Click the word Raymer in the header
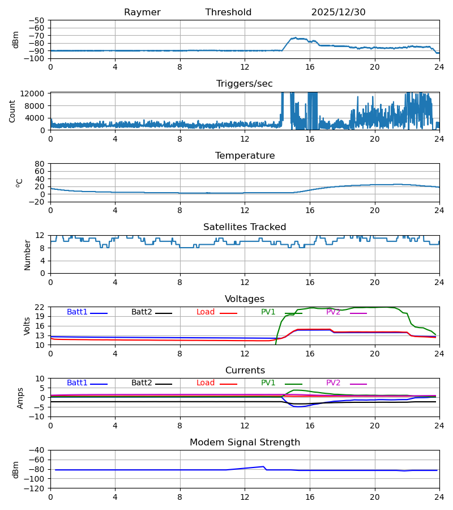point(142,12)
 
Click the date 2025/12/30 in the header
point(338,12)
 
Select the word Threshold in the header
point(228,12)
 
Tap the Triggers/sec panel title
point(245,84)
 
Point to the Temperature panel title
point(245,156)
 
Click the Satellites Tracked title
point(245,227)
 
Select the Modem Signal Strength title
point(245,443)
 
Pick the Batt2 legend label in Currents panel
point(142,383)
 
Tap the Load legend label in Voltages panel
point(206,312)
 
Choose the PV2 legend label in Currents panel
point(333,383)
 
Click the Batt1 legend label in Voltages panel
point(77,312)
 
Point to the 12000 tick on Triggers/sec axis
point(35,93)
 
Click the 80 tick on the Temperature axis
point(40,164)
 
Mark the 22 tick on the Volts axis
point(40,307)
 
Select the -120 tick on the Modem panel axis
point(37,488)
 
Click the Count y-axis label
point(12,111)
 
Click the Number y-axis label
point(27,254)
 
